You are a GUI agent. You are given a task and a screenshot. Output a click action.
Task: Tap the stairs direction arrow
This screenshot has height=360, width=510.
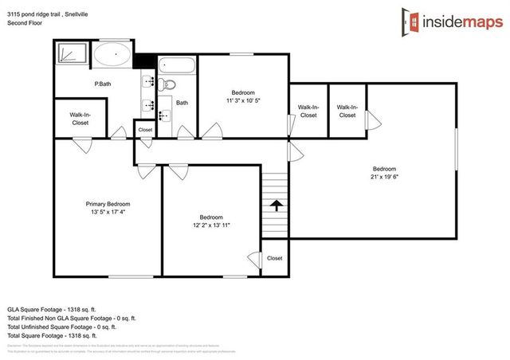click(276, 205)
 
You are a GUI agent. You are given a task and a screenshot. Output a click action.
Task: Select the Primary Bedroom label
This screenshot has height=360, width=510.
click(108, 205)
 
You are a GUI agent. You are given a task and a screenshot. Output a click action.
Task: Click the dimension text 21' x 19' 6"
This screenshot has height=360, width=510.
click(384, 177)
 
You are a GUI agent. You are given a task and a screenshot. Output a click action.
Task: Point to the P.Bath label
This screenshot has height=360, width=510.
click(101, 84)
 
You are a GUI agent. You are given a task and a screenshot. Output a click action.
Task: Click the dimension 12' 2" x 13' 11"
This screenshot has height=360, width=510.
click(211, 226)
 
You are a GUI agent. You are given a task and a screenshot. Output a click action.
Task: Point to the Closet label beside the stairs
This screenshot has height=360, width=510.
click(274, 258)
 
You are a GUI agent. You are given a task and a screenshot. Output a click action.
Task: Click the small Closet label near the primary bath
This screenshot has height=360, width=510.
click(145, 129)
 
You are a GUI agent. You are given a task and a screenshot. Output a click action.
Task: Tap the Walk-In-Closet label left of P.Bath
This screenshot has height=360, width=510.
click(80, 119)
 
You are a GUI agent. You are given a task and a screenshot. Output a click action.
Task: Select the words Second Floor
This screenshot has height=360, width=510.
click(24, 23)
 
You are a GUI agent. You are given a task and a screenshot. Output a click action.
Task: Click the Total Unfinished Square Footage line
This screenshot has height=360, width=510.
click(62, 327)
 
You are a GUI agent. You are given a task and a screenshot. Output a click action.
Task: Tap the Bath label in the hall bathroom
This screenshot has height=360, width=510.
click(182, 102)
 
